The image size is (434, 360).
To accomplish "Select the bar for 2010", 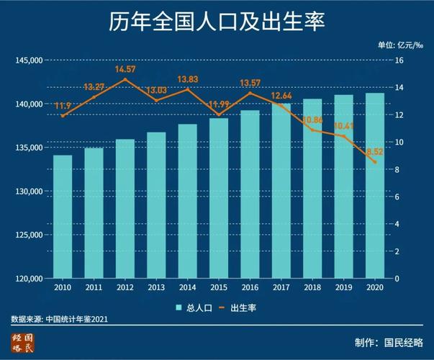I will coord(62,216).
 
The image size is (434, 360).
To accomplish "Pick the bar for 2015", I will coord(218,198).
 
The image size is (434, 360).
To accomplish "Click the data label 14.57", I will coord(125,69).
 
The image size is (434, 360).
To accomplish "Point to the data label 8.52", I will coord(375,152).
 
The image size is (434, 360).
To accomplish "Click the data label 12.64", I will coord(281,96).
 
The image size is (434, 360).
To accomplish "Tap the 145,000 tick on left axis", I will coord(29,60).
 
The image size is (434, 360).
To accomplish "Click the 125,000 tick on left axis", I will coord(29,235).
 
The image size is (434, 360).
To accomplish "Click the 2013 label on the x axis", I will coord(155,287).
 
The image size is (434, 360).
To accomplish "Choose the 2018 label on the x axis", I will coord(312,287).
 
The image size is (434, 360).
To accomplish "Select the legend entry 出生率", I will coord(237,307).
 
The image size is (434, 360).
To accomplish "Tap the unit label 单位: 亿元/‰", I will coord(401,45).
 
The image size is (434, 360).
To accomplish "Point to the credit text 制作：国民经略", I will coord(388,342).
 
